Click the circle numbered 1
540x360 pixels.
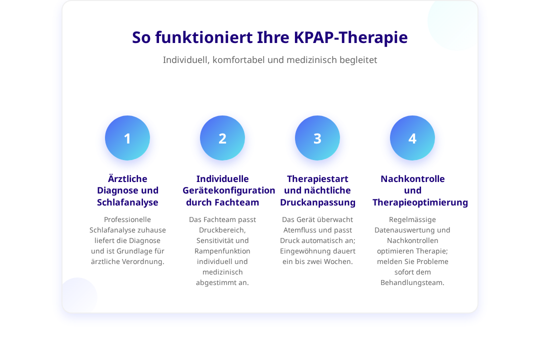coord(127,138)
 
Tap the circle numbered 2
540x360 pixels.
coord(222,138)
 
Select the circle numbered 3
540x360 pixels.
coord(317,138)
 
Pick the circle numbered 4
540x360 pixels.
coord(412,138)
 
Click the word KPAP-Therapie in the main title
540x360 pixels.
coord(350,37)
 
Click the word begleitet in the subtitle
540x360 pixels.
coord(358,60)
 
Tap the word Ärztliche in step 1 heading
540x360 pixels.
coord(127,178)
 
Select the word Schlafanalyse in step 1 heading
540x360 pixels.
coord(127,202)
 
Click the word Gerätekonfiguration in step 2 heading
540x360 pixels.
coord(228,190)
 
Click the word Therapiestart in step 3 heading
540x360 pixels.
coord(317,179)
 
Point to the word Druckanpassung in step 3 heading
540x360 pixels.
coord(317,202)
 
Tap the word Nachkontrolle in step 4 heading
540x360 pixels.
coord(412,179)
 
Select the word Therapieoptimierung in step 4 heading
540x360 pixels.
coord(420,202)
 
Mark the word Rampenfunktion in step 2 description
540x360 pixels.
coord(222,251)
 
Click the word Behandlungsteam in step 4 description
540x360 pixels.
coord(412,282)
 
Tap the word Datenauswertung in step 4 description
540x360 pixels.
coord(400,230)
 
